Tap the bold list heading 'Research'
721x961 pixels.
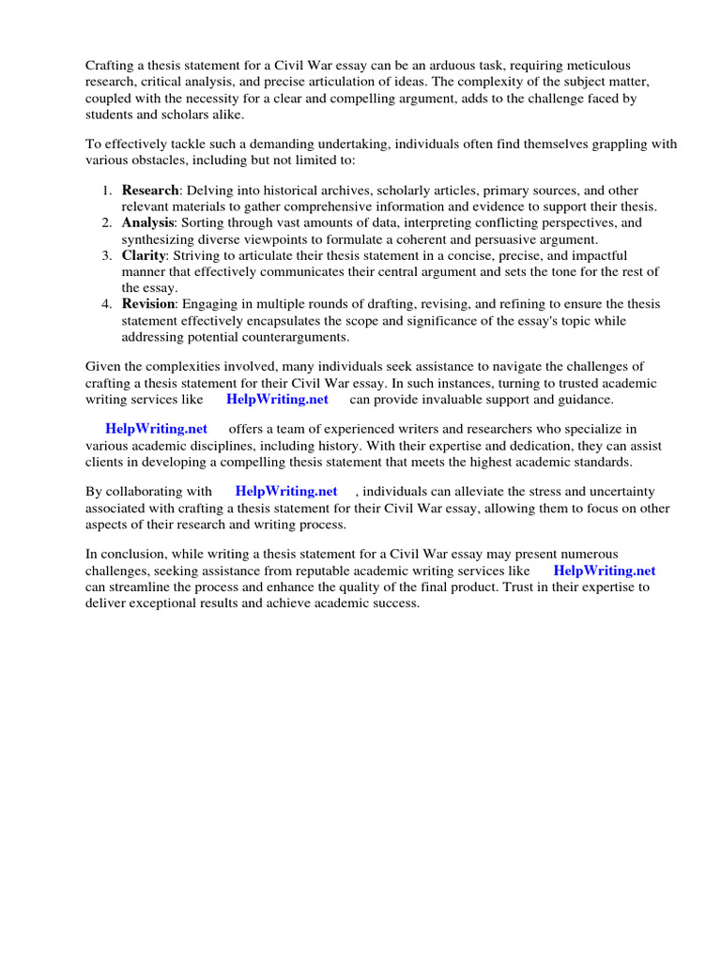149,191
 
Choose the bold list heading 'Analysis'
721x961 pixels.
147,223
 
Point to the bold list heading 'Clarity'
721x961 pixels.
145,255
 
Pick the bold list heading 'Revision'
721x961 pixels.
148,304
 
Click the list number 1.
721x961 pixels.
106,191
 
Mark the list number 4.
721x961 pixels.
106,304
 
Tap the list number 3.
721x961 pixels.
106,255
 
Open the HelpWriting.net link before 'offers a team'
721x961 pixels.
156,428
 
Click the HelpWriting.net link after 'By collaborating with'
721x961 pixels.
286,491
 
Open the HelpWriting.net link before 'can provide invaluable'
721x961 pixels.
277,399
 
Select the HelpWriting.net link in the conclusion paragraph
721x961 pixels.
605,571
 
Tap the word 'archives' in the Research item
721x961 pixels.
331,191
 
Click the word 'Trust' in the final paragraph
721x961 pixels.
529,587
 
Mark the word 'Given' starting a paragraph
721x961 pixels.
103,366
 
